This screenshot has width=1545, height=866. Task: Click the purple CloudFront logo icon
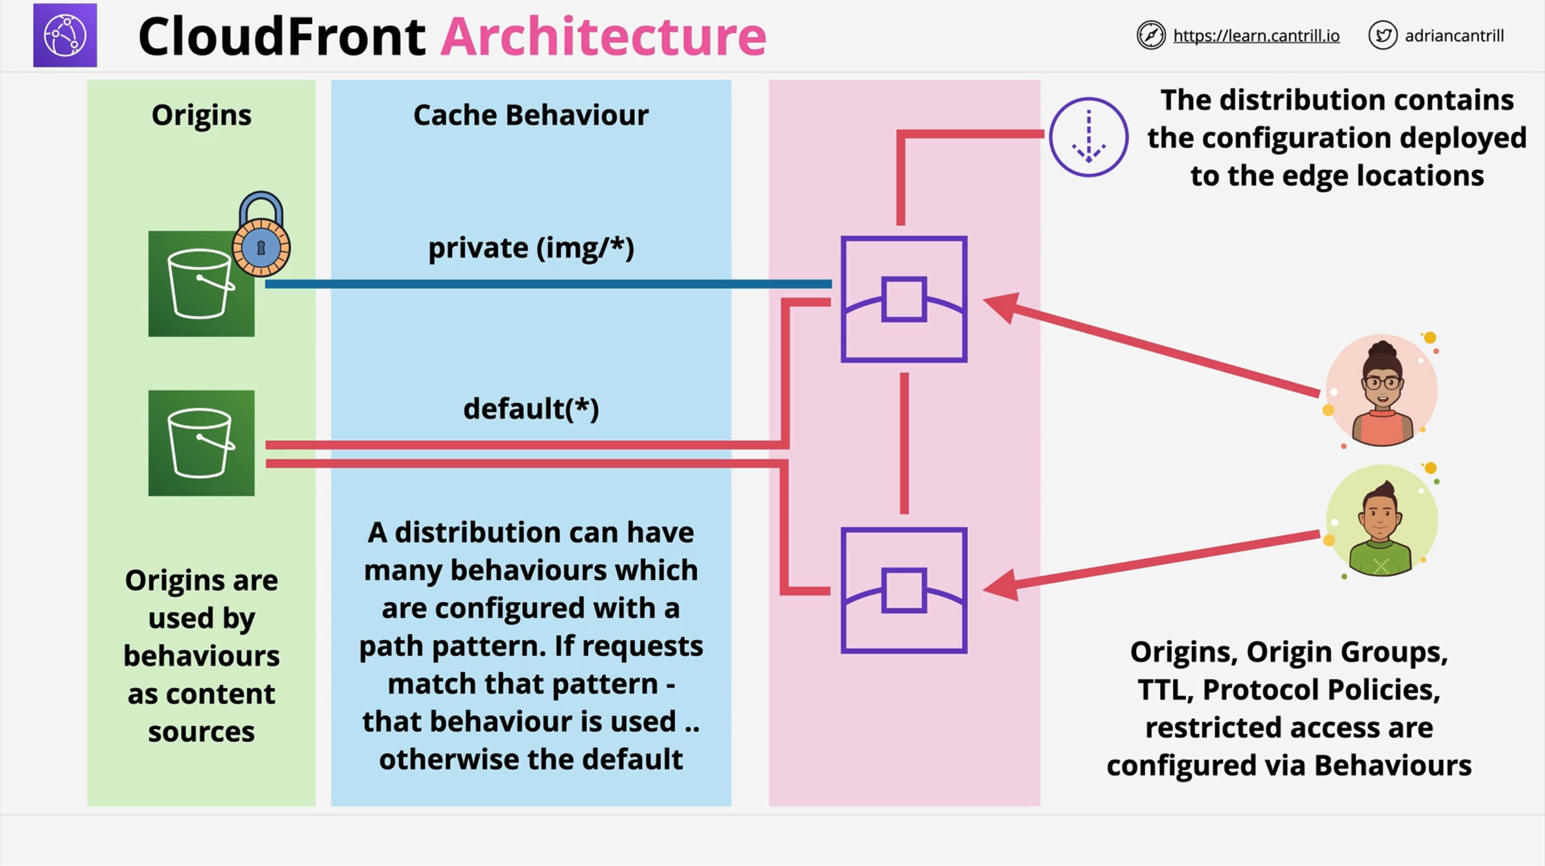coord(65,36)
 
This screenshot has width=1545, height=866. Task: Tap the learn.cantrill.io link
coord(1256,36)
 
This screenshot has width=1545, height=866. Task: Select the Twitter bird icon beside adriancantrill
coord(1383,36)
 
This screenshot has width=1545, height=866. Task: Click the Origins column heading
coord(201,115)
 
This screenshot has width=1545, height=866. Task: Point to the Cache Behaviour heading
coord(531,115)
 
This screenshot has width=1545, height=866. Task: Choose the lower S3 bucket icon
coord(201,443)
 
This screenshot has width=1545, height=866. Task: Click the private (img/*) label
coord(531,248)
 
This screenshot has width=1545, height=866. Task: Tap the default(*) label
coord(531,409)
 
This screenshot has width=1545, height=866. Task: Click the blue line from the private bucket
coord(540,283)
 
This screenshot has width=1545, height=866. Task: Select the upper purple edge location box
coord(904,299)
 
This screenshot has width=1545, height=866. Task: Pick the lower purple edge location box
coord(904,590)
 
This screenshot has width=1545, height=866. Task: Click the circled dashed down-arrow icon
coord(1088,137)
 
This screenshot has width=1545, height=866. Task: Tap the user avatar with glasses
coord(1381,390)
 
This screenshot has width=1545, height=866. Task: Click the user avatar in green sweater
coord(1380,521)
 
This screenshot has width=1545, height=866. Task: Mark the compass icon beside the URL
coord(1151,36)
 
